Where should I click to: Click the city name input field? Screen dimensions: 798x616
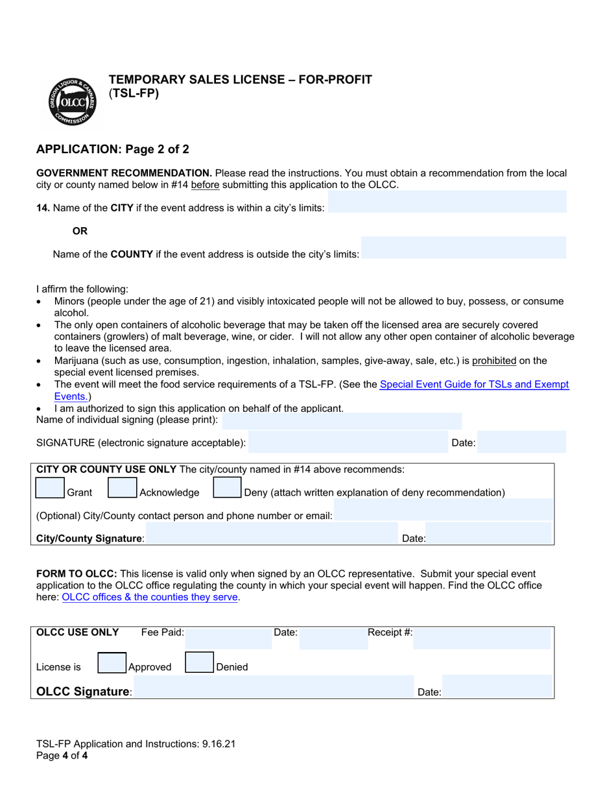click(x=447, y=202)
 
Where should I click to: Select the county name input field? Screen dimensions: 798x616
click(x=463, y=248)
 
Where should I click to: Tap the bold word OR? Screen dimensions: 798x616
click(x=80, y=231)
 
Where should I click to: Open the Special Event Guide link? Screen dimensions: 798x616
click(x=473, y=385)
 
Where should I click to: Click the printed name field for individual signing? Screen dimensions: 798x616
click(x=341, y=421)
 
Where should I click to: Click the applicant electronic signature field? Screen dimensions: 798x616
click(x=348, y=442)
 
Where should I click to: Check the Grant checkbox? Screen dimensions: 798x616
click(x=50, y=488)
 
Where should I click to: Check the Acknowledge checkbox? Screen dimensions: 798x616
click(x=122, y=488)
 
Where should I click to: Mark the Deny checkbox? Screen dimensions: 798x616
click(x=227, y=488)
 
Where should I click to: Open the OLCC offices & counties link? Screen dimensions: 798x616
click(x=150, y=598)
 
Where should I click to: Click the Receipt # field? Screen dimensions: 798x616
click(x=482, y=638)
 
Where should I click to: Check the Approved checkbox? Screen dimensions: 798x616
click(x=112, y=662)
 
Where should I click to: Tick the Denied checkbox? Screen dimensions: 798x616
click(x=199, y=662)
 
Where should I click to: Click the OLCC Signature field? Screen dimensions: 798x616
click(x=273, y=687)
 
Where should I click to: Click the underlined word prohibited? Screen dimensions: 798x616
click(x=494, y=361)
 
